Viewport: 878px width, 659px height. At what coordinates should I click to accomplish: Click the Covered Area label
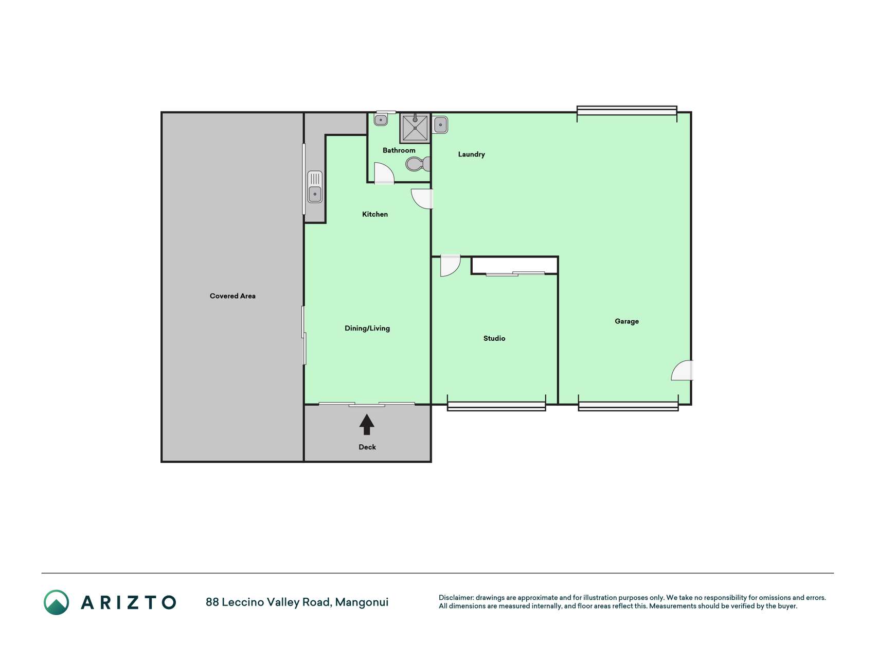[232, 296]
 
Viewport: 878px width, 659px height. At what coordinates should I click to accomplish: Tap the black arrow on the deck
[367, 425]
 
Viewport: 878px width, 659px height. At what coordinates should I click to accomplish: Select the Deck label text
[367, 447]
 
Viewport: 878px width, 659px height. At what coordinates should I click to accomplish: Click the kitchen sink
[315, 187]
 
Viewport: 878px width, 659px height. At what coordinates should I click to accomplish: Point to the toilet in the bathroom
[418, 164]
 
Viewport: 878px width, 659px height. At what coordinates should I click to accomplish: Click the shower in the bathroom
[415, 128]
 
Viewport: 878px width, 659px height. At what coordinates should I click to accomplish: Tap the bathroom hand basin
[381, 120]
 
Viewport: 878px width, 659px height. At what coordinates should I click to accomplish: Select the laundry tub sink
[441, 125]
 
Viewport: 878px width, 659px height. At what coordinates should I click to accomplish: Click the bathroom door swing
[384, 173]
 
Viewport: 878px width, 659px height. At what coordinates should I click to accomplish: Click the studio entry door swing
[450, 266]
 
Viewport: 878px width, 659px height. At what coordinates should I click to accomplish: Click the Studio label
[494, 338]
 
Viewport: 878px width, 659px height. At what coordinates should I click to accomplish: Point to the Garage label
[626, 321]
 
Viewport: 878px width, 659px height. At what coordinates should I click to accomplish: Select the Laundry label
[471, 154]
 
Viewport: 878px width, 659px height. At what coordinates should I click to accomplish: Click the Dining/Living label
[367, 328]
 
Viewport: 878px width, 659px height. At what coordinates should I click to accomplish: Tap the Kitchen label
[375, 214]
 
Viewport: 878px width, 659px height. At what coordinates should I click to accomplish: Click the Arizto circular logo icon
[56, 602]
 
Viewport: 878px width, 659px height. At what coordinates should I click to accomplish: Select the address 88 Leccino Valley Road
[268, 602]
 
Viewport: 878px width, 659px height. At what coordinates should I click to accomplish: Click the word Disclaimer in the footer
[456, 598]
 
